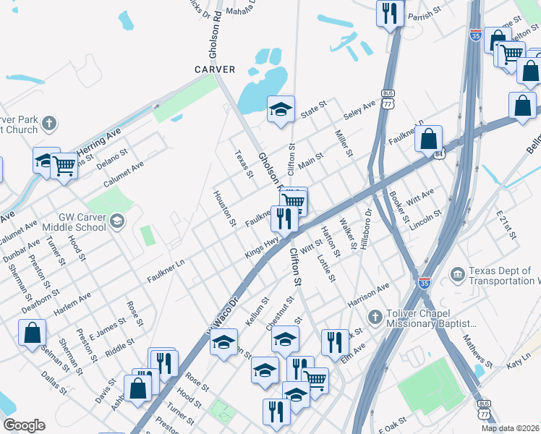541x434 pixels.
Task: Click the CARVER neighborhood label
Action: tap(215, 69)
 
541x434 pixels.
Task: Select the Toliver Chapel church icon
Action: tap(375, 316)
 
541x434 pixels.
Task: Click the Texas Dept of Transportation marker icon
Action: tap(457, 274)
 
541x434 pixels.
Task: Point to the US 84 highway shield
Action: tap(439, 154)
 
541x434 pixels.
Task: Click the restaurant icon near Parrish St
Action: tap(391, 12)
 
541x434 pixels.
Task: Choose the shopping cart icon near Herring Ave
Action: tap(64, 166)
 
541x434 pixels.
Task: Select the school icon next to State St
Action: tap(281, 109)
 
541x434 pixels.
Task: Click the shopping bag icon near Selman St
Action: tap(33, 333)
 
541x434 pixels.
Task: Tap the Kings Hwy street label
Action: tap(262, 247)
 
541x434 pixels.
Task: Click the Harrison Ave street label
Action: tap(368, 294)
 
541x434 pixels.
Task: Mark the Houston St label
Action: tap(224, 208)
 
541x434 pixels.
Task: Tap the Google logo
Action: tap(24, 425)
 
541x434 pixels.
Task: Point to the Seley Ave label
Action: tap(359, 111)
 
